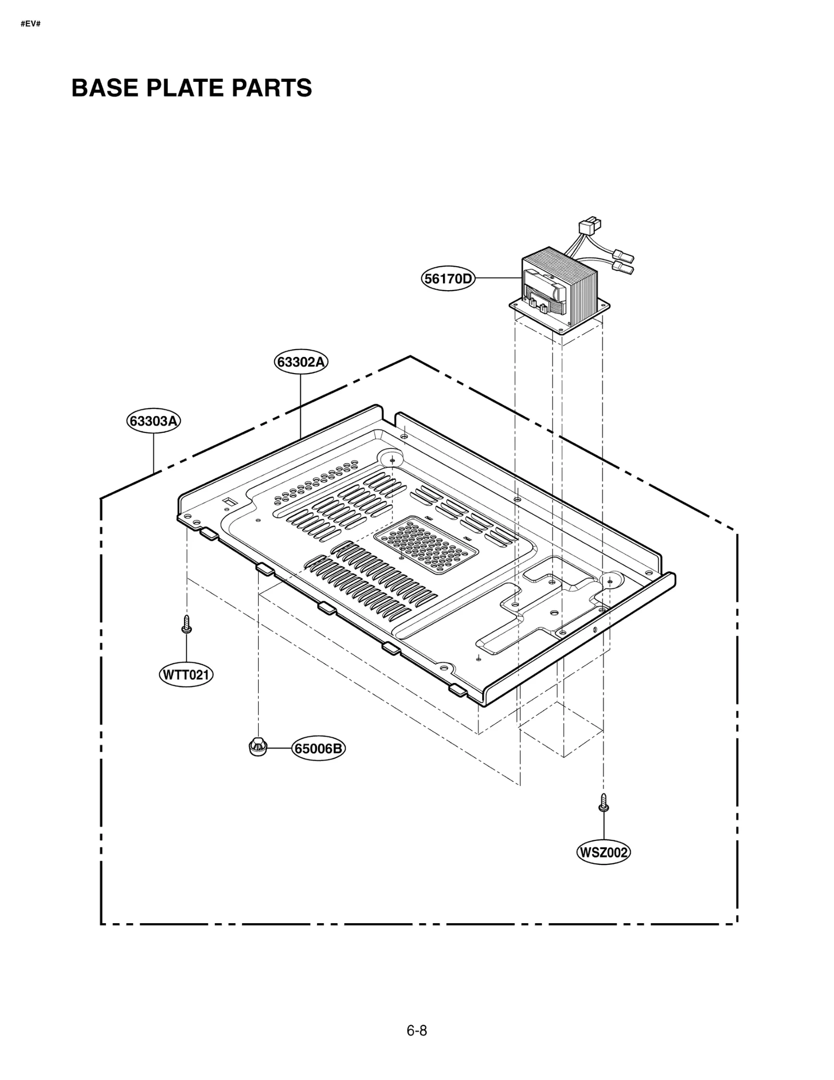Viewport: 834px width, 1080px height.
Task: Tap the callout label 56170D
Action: tap(448, 279)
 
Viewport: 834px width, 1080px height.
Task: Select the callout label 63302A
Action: tap(301, 362)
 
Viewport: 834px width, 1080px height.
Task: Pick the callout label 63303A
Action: tap(153, 420)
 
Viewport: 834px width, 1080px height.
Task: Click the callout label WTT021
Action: tap(186, 675)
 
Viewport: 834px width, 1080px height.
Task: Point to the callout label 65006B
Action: tap(318, 749)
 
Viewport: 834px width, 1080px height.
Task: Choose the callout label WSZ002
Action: tap(603, 852)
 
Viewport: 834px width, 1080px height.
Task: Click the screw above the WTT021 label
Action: tap(186, 624)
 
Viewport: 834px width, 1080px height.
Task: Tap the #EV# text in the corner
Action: tap(31, 24)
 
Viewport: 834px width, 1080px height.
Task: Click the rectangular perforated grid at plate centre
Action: tap(426, 544)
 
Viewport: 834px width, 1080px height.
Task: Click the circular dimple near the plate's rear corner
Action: tap(393, 458)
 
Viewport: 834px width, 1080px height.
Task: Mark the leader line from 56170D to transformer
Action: tap(498, 278)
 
